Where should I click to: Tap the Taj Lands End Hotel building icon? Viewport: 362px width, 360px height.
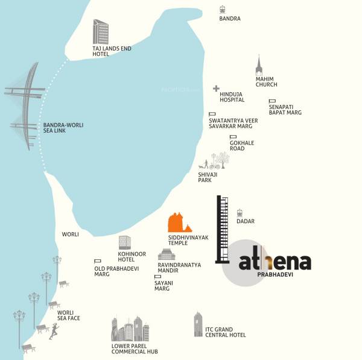101,31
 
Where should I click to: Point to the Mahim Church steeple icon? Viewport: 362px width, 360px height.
259,65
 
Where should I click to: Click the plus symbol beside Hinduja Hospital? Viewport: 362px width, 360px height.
216,89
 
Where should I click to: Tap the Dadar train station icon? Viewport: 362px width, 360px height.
240,212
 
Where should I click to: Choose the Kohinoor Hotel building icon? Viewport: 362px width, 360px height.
124,242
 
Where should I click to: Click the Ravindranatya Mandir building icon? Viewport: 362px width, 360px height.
166,254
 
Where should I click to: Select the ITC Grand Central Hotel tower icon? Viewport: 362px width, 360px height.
198,324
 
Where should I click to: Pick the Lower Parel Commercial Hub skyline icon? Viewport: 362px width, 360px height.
130,329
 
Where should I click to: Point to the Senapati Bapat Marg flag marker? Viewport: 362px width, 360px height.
272,101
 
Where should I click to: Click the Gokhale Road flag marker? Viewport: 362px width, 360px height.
232,137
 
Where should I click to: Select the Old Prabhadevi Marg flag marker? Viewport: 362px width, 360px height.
97,261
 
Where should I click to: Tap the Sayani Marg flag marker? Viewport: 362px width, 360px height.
157,277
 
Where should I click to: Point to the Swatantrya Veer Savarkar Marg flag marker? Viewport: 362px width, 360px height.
212,115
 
